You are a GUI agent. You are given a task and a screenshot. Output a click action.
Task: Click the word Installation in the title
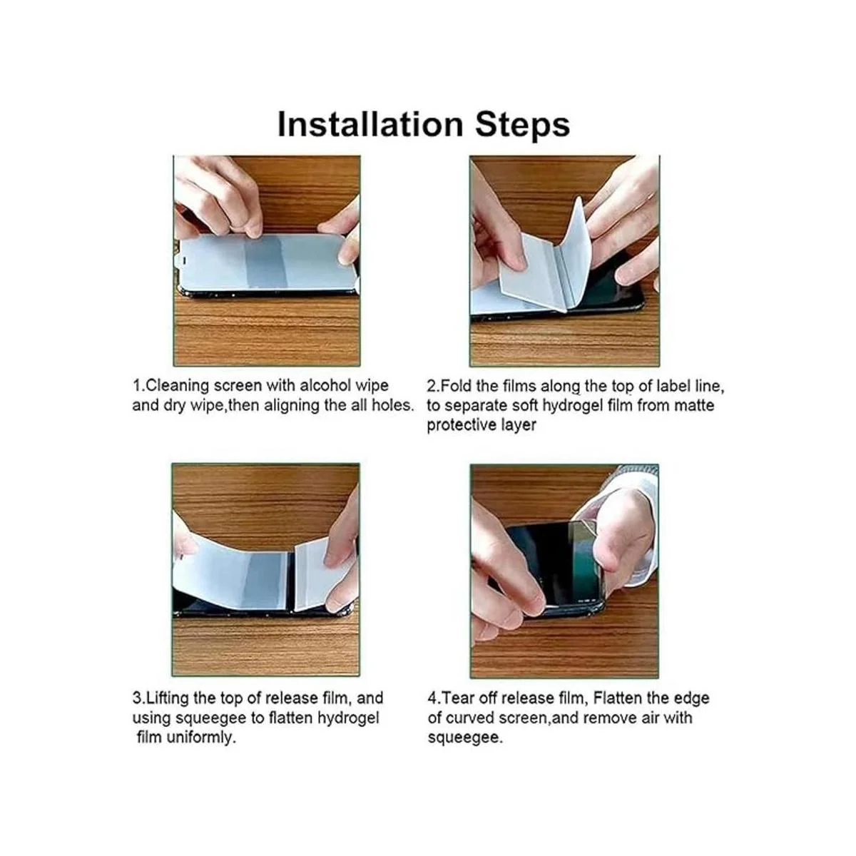[x=370, y=124]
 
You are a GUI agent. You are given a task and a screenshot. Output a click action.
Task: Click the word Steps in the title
[x=522, y=126]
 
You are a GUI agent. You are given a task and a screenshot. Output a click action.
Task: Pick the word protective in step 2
[x=462, y=425]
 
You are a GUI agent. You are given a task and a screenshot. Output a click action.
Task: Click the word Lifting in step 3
[x=168, y=698]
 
